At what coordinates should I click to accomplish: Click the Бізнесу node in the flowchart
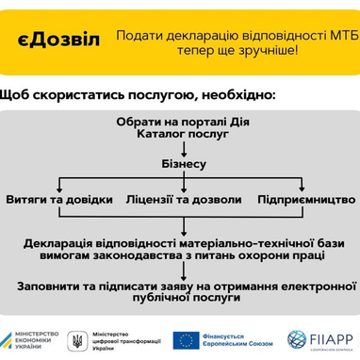point(181,164)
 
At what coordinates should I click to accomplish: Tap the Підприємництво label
point(304,200)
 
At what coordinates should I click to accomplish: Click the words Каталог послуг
point(181,137)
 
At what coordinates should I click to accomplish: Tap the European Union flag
point(184,338)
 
